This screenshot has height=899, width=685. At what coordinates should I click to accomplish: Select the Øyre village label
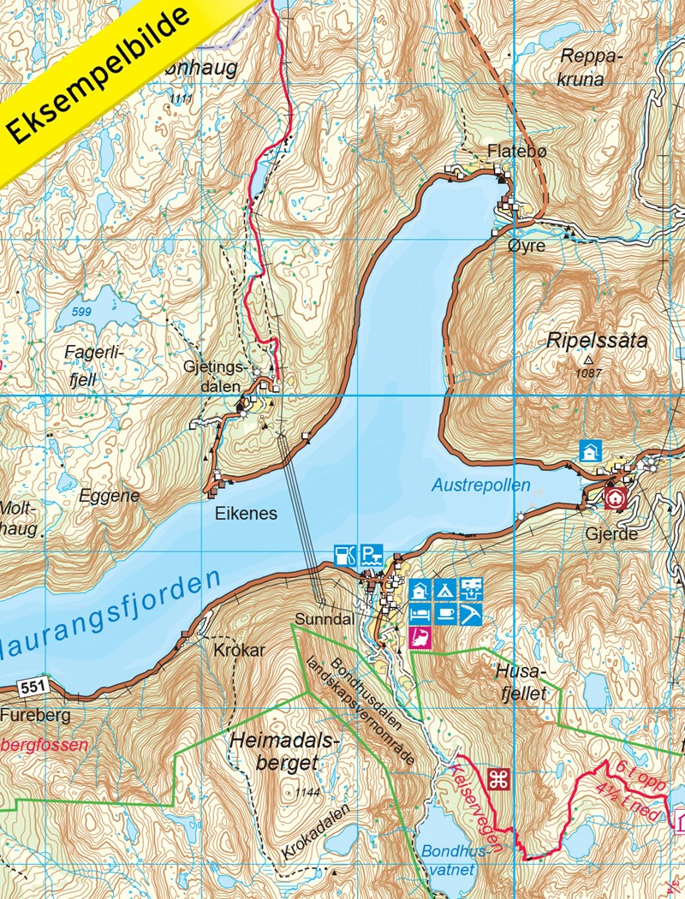pyautogui.click(x=526, y=246)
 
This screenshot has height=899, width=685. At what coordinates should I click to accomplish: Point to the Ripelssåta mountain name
pyautogui.click(x=597, y=340)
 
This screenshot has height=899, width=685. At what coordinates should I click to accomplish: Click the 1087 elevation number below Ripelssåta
pyautogui.click(x=587, y=372)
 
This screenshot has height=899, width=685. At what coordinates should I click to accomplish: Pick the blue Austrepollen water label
pyautogui.click(x=480, y=485)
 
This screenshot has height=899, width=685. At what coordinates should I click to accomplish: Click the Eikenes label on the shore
pyautogui.click(x=252, y=514)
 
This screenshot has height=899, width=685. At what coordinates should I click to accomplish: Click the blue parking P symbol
pyautogui.click(x=370, y=554)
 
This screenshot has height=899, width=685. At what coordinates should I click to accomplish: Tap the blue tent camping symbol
pyautogui.click(x=444, y=588)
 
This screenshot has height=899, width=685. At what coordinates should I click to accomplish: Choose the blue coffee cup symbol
pyautogui.click(x=444, y=613)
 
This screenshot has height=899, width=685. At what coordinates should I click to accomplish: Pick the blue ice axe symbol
pyautogui.click(x=470, y=613)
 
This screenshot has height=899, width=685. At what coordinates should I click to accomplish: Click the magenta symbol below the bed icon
pyautogui.click(x=420, y=637)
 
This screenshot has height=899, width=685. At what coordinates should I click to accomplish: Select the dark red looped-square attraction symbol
pyautogui.click(x=498, y=779)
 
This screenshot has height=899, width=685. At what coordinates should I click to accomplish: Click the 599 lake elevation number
pyautogui.click(x=82, y=312)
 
